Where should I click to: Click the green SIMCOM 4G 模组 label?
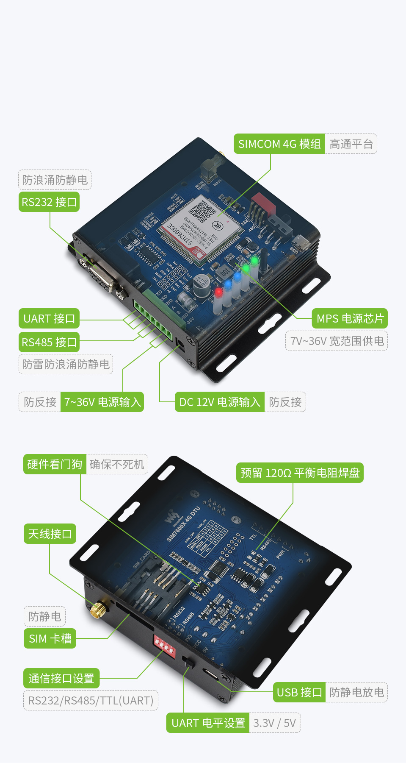point(279,144)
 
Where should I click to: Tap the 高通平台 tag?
point(351,144)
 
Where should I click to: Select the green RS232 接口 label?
point(49,202)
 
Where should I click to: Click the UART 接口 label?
point(49,319)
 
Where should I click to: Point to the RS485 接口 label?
point(49,342)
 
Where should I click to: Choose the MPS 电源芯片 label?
point(350,319)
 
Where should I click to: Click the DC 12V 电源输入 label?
point(219,402)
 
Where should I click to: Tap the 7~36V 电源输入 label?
point(102,402)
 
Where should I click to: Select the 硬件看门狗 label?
point(55,464)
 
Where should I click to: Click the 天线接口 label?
point(50,534)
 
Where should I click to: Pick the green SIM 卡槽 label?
point(50,638)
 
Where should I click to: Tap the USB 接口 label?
point(299,692)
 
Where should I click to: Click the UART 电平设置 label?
point(208,723)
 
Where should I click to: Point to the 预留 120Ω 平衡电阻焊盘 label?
point(300,473)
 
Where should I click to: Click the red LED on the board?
point(218,292)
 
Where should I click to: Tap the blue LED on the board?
point(228,283)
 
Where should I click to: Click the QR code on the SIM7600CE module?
point(202,210)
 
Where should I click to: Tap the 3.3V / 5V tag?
point(275,723)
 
